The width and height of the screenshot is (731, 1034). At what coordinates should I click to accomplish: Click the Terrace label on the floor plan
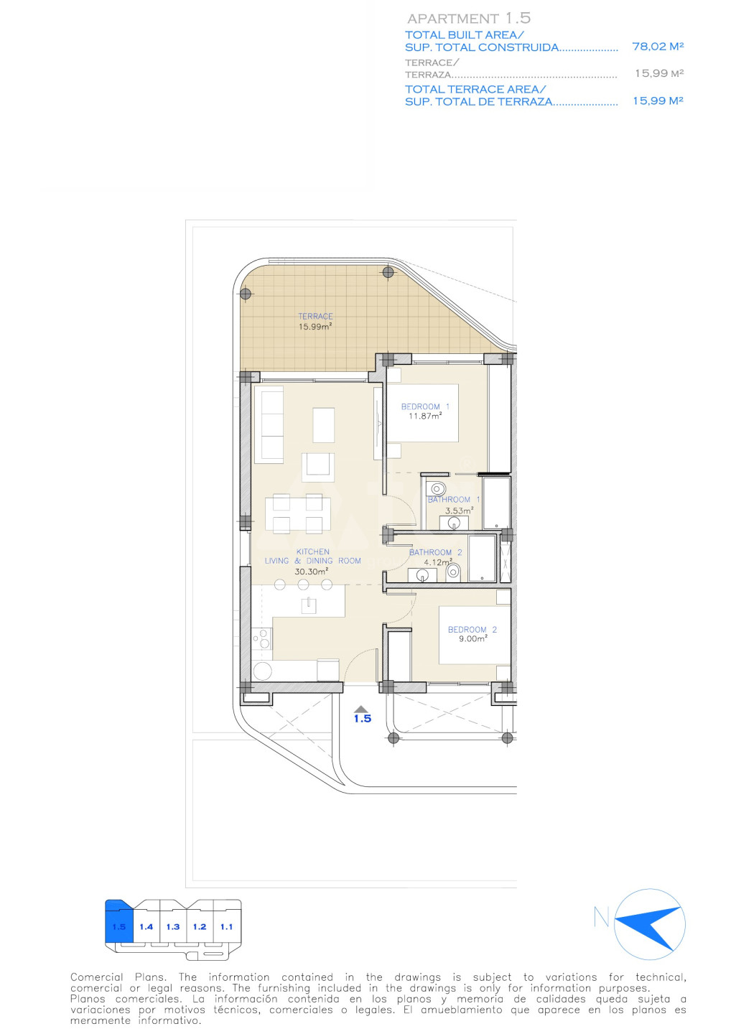tap(315, 316)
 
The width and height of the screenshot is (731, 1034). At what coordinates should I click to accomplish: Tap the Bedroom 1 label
tap(425, 406)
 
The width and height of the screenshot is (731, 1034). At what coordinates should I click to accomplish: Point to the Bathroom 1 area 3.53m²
tap(459, 511)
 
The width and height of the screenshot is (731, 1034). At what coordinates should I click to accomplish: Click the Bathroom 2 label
tap(436, 552)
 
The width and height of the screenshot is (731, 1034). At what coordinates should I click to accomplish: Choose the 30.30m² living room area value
tap(312, 572)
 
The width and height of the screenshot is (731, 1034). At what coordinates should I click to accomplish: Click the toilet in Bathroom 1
tap(436, 488)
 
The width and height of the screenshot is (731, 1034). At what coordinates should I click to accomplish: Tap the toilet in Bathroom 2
tap(453, 573)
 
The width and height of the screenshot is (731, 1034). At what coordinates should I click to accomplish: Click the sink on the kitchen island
tap(308, 605)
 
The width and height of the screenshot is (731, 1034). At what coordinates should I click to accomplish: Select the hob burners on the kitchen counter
tap(261, 639)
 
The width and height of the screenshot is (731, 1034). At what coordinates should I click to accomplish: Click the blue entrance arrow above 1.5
tap(361, 709)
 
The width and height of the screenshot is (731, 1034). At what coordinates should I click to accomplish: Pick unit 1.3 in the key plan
tap(173, 926)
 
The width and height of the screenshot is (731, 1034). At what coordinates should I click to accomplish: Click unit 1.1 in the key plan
tap(227, 926)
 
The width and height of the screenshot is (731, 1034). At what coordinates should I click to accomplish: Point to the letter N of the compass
tap(601, 917)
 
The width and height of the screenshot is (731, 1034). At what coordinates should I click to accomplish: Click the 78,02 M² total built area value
tap(658, 46)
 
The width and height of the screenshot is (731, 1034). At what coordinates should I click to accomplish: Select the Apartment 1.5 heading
tap(469, 19)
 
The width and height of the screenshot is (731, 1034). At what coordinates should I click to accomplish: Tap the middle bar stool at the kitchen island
tap(303, 584)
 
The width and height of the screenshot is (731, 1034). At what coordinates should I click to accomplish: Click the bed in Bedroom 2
tap(475, 635)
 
